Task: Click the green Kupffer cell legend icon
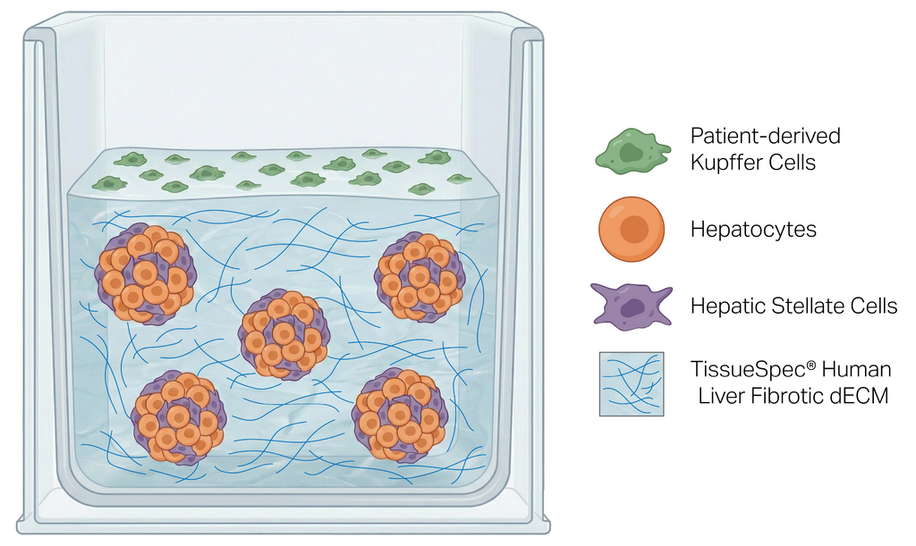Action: [x=632, y=150]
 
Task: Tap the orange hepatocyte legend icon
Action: [x=631, y=229]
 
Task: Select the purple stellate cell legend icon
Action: [x=632, y=306]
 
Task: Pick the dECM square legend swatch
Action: [x=632, y=383]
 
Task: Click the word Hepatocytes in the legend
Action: [x=753, y=229]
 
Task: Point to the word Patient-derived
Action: [x=765, y=137]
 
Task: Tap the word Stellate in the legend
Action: [x=801, y=307]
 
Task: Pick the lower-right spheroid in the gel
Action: [x=399, y=415]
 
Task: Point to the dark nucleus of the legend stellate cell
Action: [x=634, y=308]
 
